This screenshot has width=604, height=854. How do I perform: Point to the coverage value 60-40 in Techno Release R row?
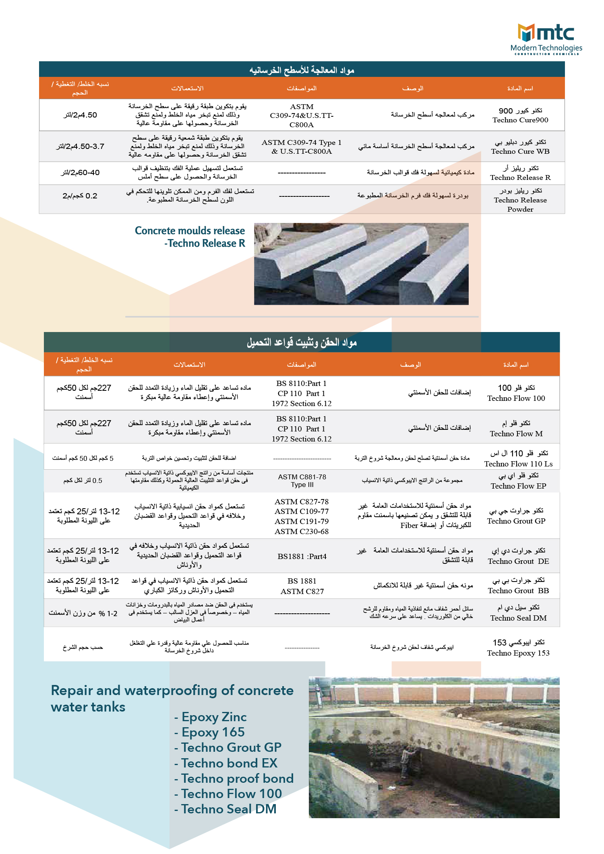80,173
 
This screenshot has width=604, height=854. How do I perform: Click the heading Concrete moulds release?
190,231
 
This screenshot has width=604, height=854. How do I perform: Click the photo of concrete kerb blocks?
361,264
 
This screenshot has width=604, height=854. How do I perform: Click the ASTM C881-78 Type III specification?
302,481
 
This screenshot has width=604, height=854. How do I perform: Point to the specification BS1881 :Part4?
302,557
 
